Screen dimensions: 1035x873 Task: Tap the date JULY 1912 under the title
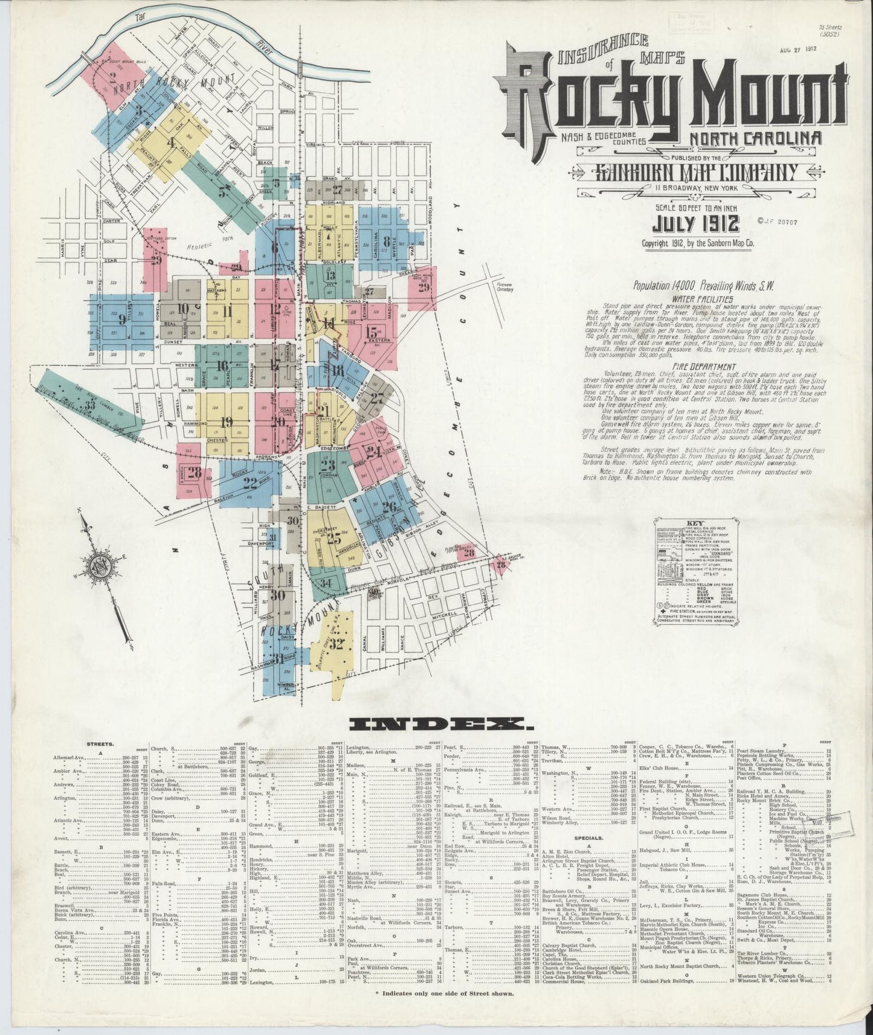click(695, 224)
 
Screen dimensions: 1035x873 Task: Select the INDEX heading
click(436, 723)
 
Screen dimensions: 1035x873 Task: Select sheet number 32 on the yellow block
click(337, 643)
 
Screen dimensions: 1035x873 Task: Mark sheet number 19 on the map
click(227, 422)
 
